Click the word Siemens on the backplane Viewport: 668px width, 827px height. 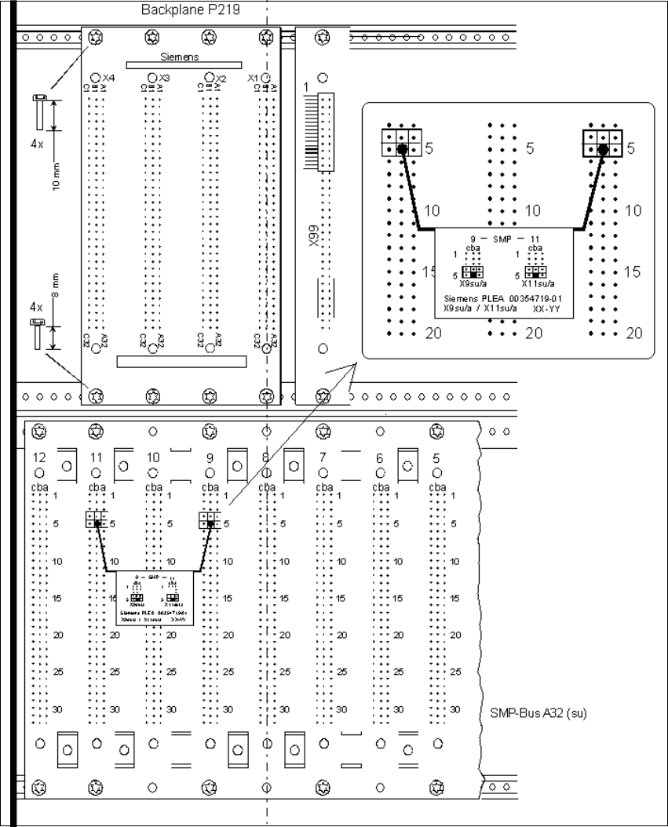pos(180,56)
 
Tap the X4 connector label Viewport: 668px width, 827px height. pos(108,78)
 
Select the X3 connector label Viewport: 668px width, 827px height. pos(163,78)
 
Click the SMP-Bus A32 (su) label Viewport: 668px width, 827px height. pos(533,714)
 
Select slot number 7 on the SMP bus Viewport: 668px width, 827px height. pos(323,457)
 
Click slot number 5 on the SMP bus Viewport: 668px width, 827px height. pos(436,457)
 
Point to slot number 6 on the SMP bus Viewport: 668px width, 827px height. pos(380,457)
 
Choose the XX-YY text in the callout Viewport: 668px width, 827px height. pos(546,310)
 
